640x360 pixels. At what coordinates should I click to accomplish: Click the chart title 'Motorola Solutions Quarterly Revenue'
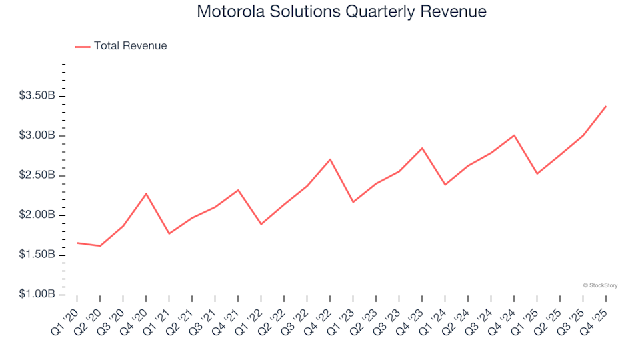(x=341, y=11)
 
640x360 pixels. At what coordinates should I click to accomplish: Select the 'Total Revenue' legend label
(x=130, y=46)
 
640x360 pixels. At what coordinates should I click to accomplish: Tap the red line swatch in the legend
(x=83, y=47)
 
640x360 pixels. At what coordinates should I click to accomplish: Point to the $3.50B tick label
(x=37, y=96)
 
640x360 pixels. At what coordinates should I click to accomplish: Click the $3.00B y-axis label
(x=37, y=136)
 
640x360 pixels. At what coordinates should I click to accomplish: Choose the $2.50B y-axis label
(x=37, y=175)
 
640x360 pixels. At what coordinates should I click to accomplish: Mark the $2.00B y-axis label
(x=37, y=215)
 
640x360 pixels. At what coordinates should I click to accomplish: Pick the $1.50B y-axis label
(x=37, y=255)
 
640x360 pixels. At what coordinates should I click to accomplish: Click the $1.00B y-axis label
(x=37, y=295)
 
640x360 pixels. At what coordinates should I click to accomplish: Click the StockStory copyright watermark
(x=600, y=285)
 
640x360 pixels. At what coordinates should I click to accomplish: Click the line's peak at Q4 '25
(x=605, y=106)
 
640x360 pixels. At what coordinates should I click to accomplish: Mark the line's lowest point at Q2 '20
(x=100, y=246)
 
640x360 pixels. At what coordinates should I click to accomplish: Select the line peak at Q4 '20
(x=146, y=194)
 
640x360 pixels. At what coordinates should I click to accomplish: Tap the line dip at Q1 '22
(x=261, y=224)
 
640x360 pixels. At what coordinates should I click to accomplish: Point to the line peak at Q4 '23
(x=422, y=148)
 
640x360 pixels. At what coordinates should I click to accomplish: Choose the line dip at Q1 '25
(x=537, y=174)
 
